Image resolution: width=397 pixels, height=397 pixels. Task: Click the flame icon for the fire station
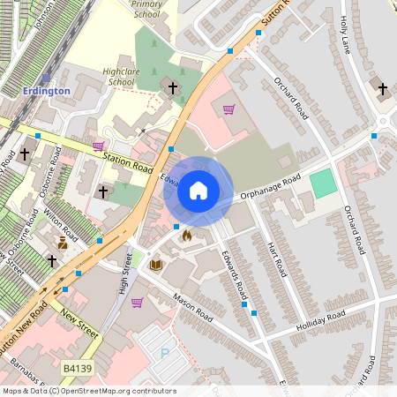click(x=186, y=236)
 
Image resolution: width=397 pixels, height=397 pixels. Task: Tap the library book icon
click(x=156, y=264)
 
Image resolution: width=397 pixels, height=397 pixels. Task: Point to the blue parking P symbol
click(x=164, y=353)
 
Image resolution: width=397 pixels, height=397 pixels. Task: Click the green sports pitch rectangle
click(x=324, y=184)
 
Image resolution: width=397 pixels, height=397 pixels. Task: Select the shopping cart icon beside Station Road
click(x=98, y=146)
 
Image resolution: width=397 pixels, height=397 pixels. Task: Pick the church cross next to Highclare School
click(x=172, y=87)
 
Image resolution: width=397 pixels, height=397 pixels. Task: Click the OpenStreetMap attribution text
click(x=89, y=391)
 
